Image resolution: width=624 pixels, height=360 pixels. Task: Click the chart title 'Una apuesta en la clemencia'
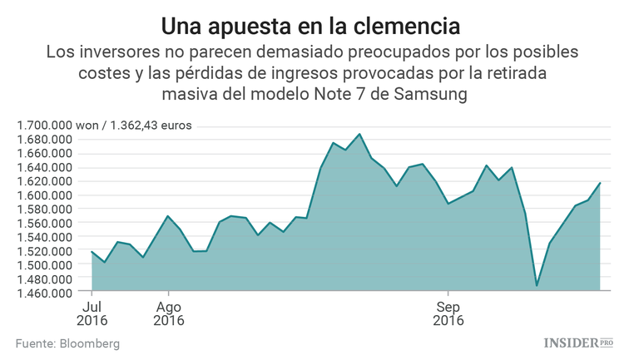pyautogui.click(x=311, y=24)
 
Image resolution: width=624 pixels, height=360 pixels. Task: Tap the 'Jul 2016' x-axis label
pyautogui.click(x=92, y=312)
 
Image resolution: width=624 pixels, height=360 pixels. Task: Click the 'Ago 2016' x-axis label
pyautogui.click(x=169, y=312)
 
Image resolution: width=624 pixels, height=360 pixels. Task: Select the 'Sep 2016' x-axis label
pyautogui.click(x=448, y=312)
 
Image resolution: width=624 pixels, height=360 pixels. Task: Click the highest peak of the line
pyautogui.click(x=359, y=134)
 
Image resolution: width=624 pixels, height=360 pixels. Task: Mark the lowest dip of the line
pyautogui.click(x=537, y=286)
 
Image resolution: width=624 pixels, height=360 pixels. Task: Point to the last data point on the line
pyautogui.click(x=600, y=182)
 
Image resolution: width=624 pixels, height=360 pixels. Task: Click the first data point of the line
pyautogui.click(x=92, y=251)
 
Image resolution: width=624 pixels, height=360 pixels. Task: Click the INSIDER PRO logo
pyautogui.click(x=578, y=343)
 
